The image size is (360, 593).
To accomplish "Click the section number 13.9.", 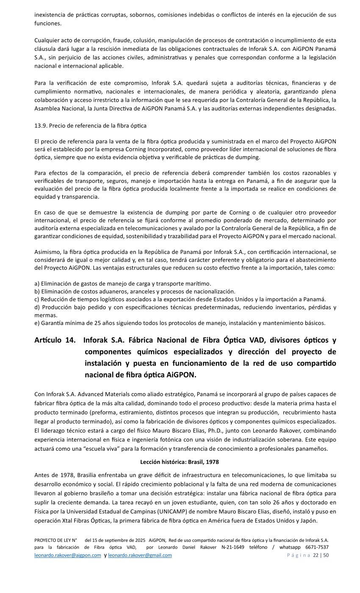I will [x=40, y=126].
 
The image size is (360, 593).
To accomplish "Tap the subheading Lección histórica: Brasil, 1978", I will [x=179, y=461].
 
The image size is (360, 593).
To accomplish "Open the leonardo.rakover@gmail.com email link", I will [x=140, y=555].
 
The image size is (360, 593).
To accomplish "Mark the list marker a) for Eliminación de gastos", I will [x=37, y=283].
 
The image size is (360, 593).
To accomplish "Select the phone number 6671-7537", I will [x=317, y=547].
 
